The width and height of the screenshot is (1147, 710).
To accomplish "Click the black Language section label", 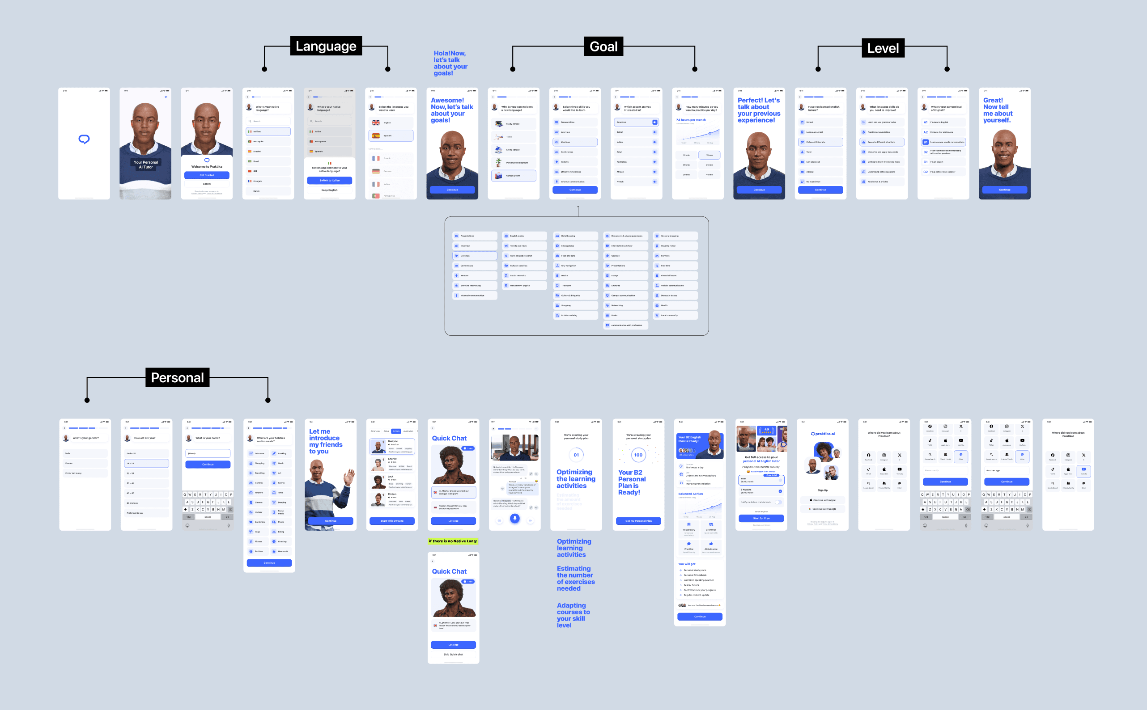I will tap(326, 46).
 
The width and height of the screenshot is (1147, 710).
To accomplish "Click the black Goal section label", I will tap(603, 46).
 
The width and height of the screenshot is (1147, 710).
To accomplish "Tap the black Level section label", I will tap(883, 48).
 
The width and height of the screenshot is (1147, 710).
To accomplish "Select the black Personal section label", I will tap(177, 377).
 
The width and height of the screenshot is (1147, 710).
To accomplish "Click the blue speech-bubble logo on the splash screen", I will tap(84, 139).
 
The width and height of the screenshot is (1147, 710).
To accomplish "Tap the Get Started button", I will tap(207, 175).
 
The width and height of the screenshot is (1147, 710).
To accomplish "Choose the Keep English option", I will tap(329, 190).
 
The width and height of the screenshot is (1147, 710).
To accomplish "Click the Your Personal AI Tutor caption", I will tap(145, 165).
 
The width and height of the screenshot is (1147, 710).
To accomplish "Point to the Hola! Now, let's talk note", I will tap(450, 63).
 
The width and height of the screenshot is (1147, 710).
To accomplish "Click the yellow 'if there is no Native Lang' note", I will tap(453, 541).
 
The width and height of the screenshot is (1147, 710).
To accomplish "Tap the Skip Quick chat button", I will tap(453, 654).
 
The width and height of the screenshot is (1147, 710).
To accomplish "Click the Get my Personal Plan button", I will tap(638, 521).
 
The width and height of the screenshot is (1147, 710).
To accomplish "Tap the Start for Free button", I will tap(761, 518).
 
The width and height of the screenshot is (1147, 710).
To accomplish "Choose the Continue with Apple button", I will tap(822, 500).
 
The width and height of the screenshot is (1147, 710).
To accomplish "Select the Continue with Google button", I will tap(822, 509).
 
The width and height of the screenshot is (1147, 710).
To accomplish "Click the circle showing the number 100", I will tap(638, 455).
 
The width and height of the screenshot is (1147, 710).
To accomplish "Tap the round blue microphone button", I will tap(515, 518).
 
